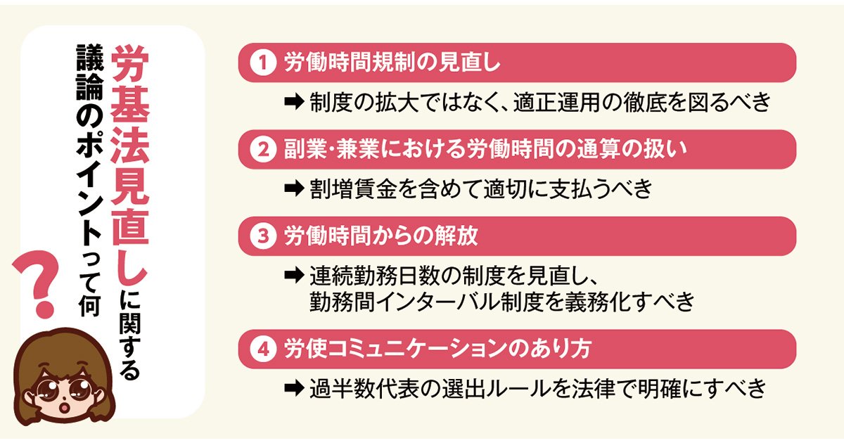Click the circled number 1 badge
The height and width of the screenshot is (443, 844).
(262, 63)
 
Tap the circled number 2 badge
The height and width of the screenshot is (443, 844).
(262, 149)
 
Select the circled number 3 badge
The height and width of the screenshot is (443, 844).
(262, 236)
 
